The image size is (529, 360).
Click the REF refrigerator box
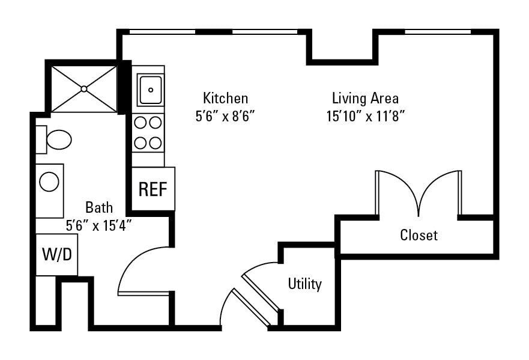(x=153, y=189)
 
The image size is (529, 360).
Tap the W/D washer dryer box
(x=56, y=254)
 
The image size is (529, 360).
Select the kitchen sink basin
(x=150, y=90)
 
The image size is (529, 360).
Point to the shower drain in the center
(x=84, y=89)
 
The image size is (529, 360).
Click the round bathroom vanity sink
(x=49, y=181)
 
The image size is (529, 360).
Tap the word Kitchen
(x=225, y=98)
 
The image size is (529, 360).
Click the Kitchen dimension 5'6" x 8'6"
(x=225, y=117)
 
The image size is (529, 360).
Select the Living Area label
(x=365, y=98)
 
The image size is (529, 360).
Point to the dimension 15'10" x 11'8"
(x=365, y=117)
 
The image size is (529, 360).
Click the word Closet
(x=419, y=235)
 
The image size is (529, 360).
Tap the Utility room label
(x=304, y=284)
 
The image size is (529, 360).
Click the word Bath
(x=98, y=208)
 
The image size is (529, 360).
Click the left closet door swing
(x=396, y=189)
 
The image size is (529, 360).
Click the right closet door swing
(x=441, y=189)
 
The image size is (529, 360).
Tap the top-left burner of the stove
(x=141, y=123)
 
